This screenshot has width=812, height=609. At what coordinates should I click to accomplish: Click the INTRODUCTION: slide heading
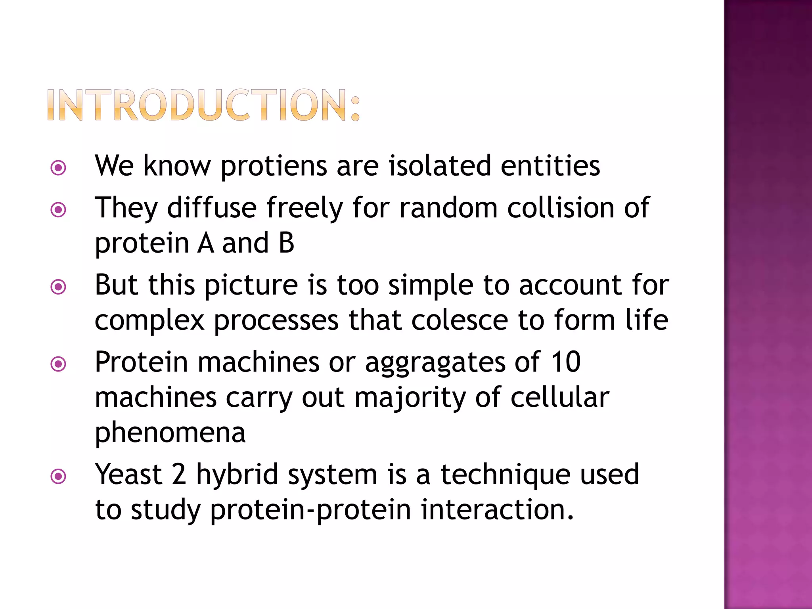coord(203,105)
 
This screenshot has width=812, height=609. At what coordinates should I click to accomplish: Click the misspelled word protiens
coord(274,166)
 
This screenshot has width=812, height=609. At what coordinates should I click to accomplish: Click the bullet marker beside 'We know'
coord(59,168)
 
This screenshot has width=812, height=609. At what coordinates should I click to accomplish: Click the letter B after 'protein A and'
coord(286,243)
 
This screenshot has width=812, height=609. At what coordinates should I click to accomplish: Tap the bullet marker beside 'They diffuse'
coord(59,210)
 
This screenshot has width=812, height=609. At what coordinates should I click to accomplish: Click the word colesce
coord(460,320)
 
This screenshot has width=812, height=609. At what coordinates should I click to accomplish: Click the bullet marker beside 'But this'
coord(59,287)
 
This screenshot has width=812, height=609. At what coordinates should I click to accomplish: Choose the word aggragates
coord(435,362)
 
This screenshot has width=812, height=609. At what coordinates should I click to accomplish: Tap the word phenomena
coord(170,433)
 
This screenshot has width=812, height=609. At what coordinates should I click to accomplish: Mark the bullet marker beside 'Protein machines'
coord(59,364)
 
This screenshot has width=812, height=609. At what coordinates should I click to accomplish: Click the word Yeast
coord(128,474)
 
